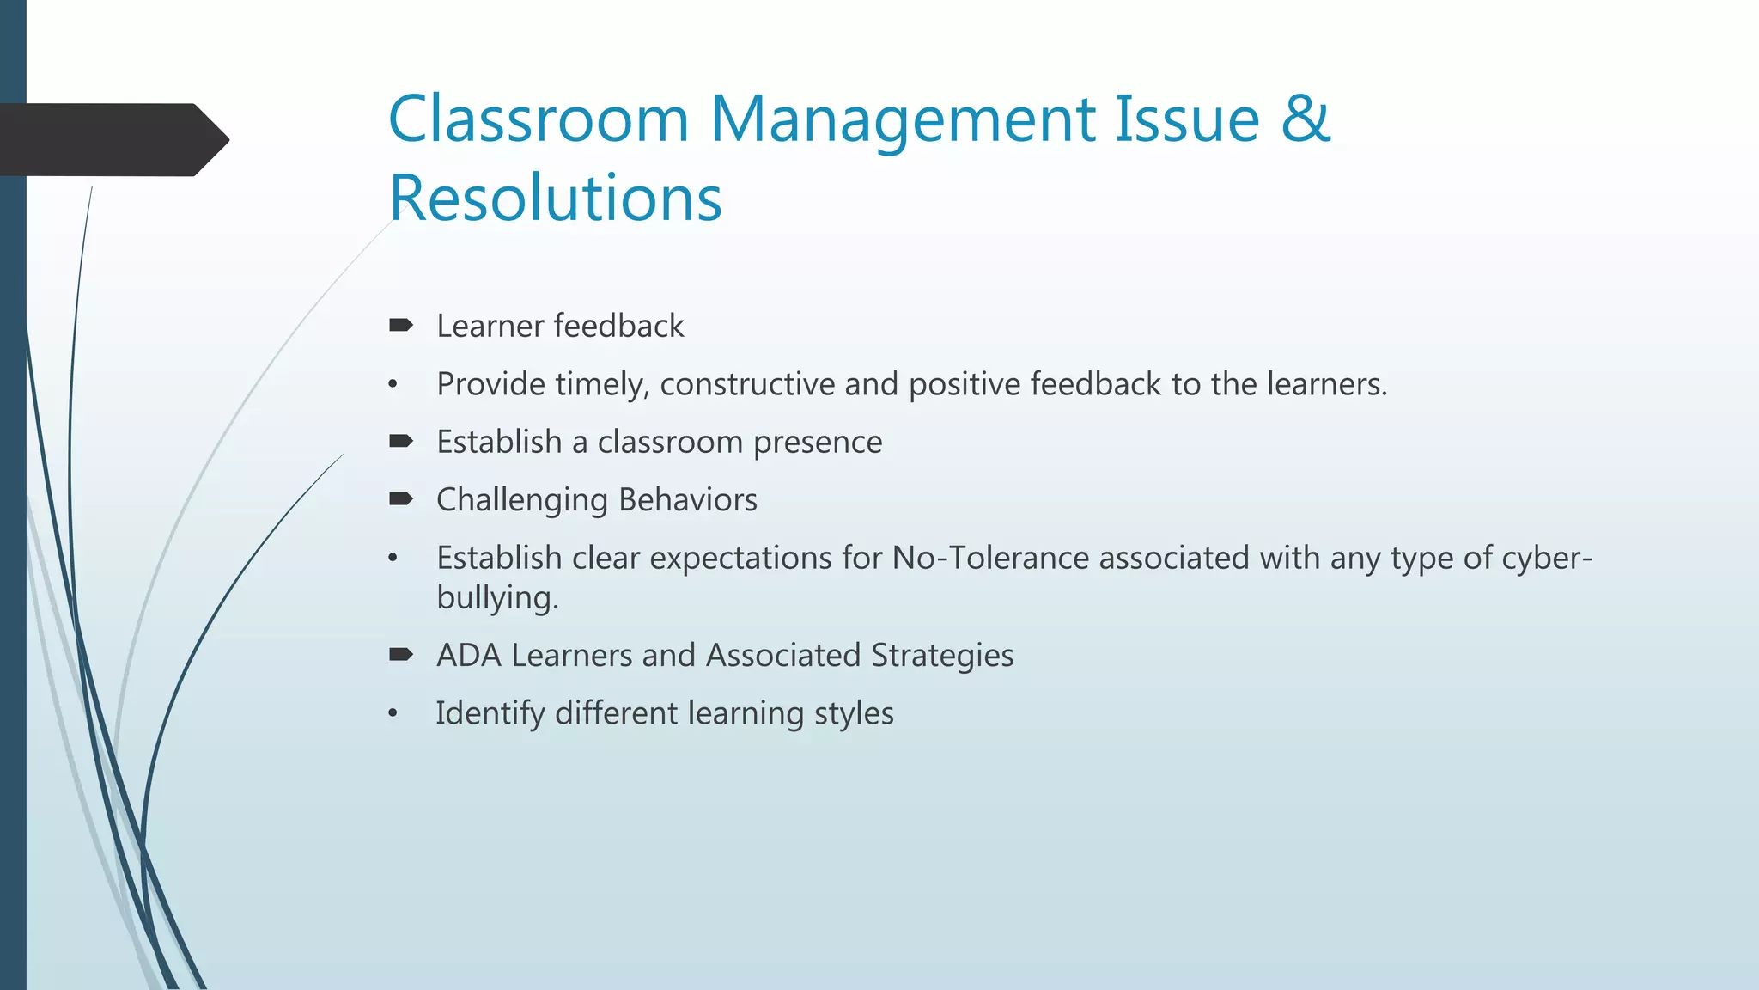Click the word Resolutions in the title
[555, 198]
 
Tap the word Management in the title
[902, 120]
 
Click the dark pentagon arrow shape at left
[112, 139]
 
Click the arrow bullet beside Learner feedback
[401, 325]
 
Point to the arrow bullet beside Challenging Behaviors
[401, 498]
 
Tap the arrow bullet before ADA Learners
[401, 654]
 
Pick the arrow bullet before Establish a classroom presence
[401, 441]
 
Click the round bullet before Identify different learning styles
[393, 713]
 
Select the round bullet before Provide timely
[393, 384]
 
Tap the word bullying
[497, 598]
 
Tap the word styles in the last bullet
[854, 714]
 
